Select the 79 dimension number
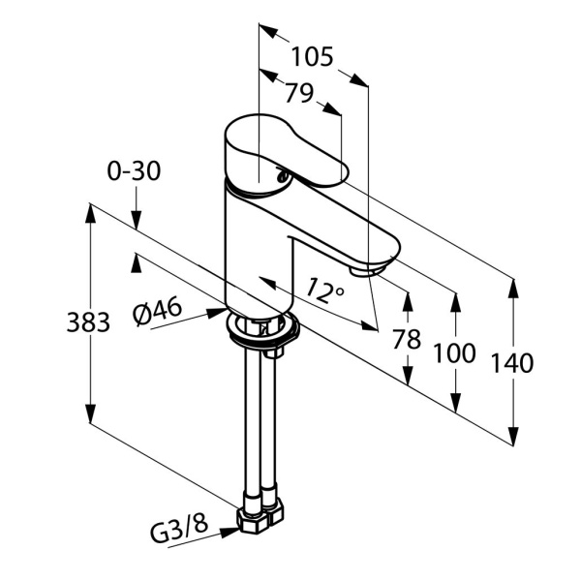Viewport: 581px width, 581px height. pos(299,93)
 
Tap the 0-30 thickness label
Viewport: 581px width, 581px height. pos(134,171)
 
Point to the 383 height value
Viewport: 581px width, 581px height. pos(88,322)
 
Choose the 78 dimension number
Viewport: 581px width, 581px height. pos(407,339)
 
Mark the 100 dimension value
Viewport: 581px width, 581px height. pos(454,352)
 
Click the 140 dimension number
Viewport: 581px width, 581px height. pos(512,364)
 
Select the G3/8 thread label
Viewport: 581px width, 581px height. pos(178,531)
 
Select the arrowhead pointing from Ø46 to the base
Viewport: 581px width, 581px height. pos(219,313)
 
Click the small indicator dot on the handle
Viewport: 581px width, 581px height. pos(281,176)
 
